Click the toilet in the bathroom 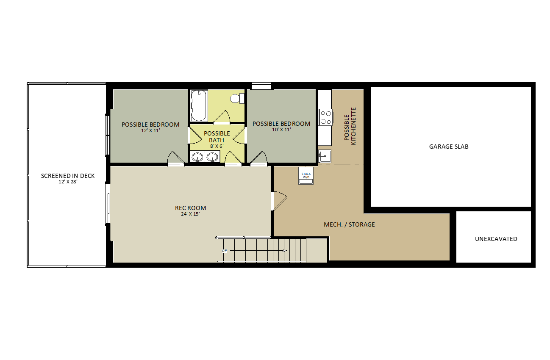237,98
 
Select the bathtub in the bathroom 199,105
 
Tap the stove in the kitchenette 325,117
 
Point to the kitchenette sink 325,156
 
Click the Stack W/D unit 306,176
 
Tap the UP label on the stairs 225,251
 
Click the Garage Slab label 449,147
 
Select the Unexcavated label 496,239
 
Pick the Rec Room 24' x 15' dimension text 190,214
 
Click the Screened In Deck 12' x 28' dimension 68,182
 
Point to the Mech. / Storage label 349,224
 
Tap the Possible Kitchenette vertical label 350,126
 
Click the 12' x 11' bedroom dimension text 150,130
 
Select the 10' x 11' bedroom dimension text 281,130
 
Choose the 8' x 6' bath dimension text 217,146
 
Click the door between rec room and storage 279,201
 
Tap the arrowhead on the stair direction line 285,251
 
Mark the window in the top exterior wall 261,86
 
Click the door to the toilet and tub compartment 222,116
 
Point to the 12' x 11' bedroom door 176,158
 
